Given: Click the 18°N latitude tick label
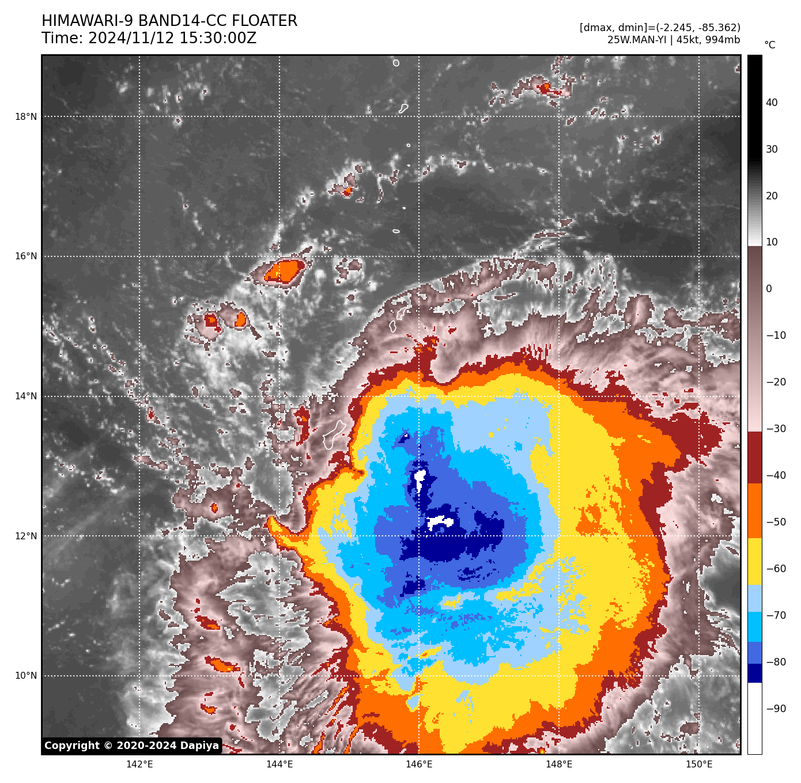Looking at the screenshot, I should [25, 117].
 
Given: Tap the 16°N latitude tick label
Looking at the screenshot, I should [25, 256].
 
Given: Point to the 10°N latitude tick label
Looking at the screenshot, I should [25, 676].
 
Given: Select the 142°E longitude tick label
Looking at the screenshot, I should [139, 765].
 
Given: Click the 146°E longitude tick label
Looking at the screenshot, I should [419, 765].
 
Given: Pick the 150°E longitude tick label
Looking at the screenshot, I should [699, 765].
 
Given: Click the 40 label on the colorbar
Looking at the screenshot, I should [772, 103].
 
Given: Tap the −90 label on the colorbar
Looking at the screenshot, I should [776, 709].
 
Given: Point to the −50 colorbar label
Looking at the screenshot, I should [776, 523].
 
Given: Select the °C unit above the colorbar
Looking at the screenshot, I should [769, 45].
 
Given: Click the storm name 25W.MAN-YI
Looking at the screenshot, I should [637, 40].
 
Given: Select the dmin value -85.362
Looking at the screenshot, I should [716, 28].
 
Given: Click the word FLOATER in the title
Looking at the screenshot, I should [265, 21].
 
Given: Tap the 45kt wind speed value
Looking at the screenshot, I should [686, 40].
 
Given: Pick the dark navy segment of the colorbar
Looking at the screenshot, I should [754, 673].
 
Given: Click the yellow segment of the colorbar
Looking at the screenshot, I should [754, 562].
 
